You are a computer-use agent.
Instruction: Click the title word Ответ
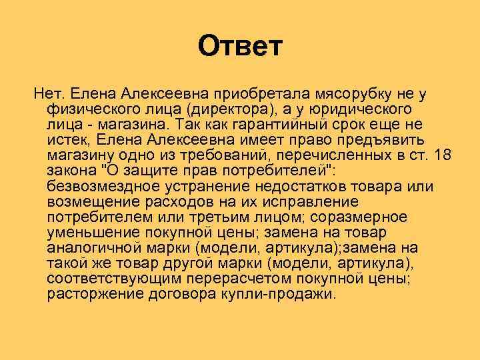click(241, 47)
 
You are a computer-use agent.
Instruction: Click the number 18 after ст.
click(443, 155)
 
